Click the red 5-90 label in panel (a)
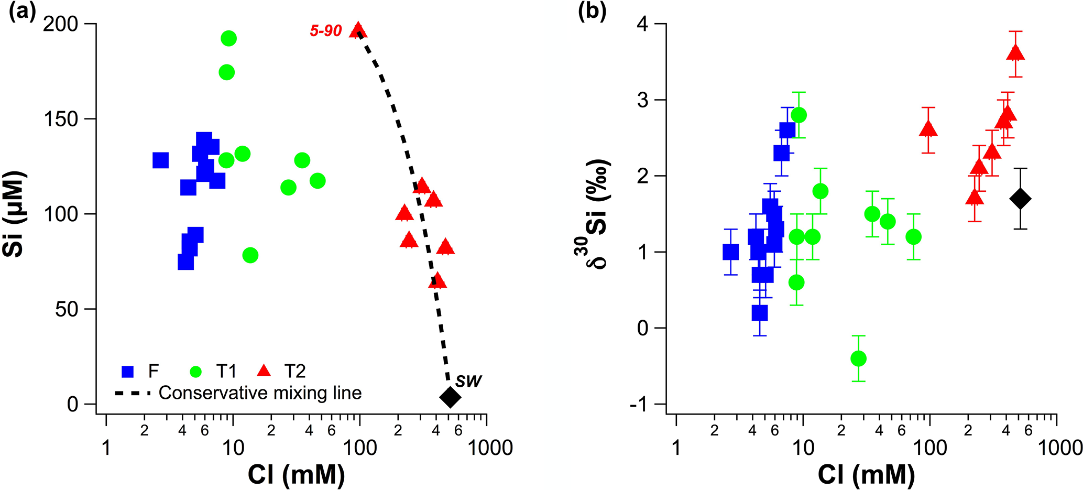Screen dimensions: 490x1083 [325, 31]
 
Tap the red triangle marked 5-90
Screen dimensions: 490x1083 [358, 30]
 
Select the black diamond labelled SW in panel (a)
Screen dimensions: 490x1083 [450, 397]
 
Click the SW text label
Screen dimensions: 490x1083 [468, 381]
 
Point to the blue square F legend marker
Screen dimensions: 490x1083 [127, 372]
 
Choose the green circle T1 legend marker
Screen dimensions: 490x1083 [195, 372]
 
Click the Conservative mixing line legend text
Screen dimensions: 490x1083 [260, 393]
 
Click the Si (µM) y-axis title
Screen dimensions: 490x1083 [14, 214]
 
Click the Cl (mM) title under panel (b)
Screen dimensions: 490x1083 [866, 475]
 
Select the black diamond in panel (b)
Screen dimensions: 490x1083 [1020, 199]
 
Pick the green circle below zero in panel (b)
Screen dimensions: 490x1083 [858, 358]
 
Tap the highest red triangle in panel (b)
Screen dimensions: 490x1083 [1015, 53]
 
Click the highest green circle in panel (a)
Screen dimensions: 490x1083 [228, 38]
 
